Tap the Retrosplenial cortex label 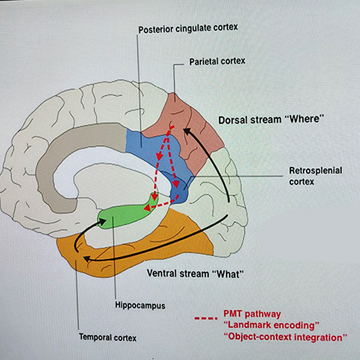click(315, 175)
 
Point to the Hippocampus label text click(139, 305)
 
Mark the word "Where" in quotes click(307, 119)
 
